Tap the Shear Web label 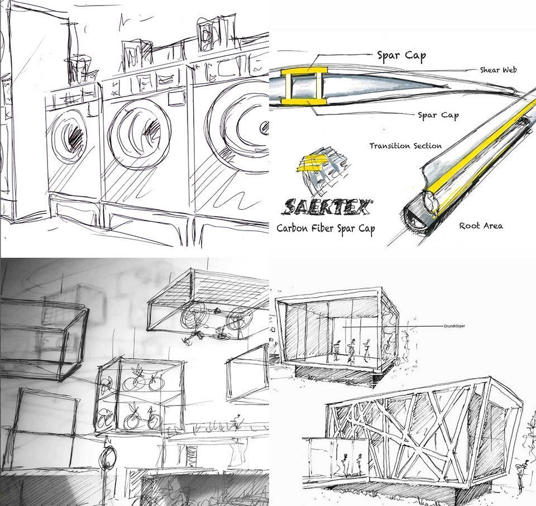[x=498, y=70]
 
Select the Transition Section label [x=405, y=146]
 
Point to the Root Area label [x=481, y=226]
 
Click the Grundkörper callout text [x=454, y=326]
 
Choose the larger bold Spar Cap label [x=401, y=56]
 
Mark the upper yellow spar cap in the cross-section [x=304, y=73]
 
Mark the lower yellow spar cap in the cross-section [x=304, y=101]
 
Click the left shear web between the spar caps [x=289, y=87]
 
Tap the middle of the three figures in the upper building [x=351, y=351]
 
